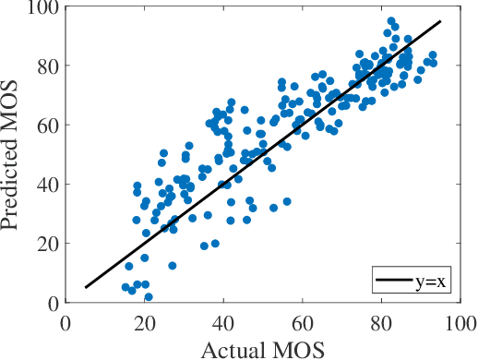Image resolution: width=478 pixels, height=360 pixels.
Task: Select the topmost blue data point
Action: pyautogui.click(x=391, y=20)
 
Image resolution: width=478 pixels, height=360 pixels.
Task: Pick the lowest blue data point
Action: pyautogui.click(x=148, y=296)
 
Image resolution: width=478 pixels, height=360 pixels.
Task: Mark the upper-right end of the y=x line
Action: pyautogui.click(x=441, y=21)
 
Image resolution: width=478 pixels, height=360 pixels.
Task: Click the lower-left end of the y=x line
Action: pyautogui.click(x=85, y=288)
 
